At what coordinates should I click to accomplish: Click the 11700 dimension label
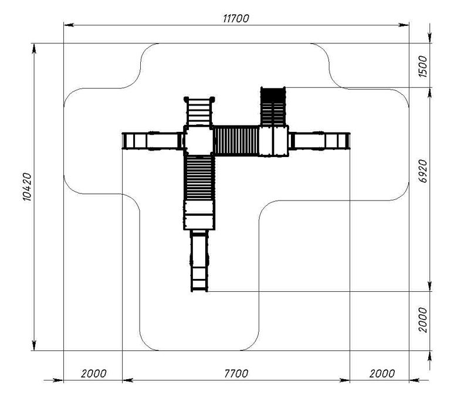236,19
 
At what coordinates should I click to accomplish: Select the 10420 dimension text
27,187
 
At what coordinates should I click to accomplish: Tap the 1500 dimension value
423,67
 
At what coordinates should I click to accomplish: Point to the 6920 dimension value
423,171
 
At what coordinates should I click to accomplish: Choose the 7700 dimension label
236,373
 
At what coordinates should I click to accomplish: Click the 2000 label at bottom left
93,373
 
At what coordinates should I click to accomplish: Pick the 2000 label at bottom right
382,373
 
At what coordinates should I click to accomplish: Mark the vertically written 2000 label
423,320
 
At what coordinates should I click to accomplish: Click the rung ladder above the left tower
199,111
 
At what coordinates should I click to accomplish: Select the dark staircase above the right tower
273,106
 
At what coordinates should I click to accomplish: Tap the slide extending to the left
153,141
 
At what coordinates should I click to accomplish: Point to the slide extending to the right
319,141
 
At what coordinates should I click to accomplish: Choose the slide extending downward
199,261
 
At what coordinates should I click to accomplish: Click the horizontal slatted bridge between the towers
236,141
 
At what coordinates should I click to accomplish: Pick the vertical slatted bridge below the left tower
199,178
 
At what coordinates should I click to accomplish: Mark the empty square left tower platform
199,141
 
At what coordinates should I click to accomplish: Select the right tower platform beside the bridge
274,141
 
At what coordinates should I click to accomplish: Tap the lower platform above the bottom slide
199,215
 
